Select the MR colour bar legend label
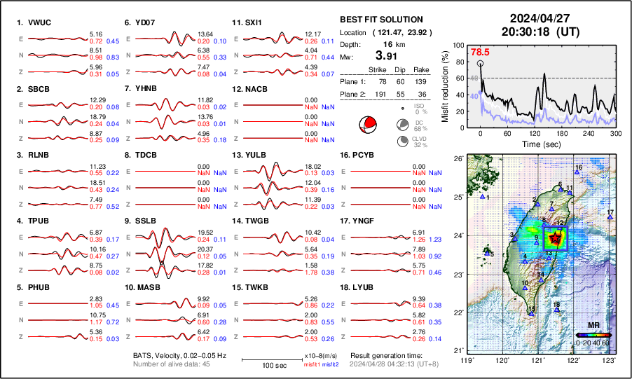point(593,326)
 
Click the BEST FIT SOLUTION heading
point(380,20)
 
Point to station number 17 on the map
point(610,212)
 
